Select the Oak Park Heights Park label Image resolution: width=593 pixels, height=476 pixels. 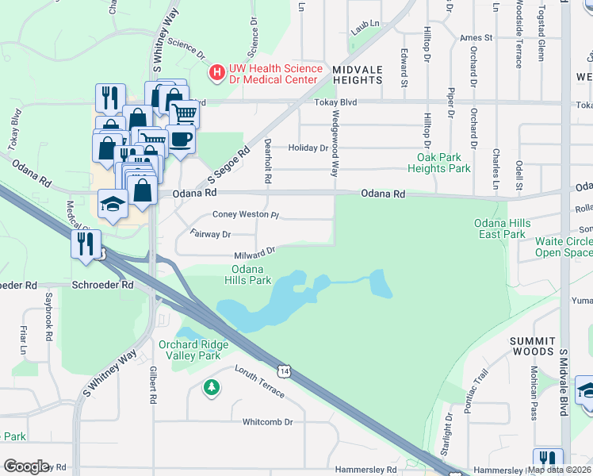pos(438,163)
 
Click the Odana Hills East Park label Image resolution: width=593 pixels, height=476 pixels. pos(499,228)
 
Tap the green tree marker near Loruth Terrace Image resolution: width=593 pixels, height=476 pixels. pos(211,387)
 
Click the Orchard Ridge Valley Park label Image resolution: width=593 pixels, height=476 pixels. pos(193,350)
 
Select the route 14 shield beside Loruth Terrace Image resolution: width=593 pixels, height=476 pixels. pos(283,370)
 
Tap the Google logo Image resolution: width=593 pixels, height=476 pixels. pos(25,466)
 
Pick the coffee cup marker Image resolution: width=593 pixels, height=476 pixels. pos(180,140)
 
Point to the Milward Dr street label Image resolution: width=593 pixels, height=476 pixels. pos(254,254)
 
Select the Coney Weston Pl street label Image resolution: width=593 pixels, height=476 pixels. pos(246,215)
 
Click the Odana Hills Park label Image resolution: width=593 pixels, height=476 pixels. pos(248,274)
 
